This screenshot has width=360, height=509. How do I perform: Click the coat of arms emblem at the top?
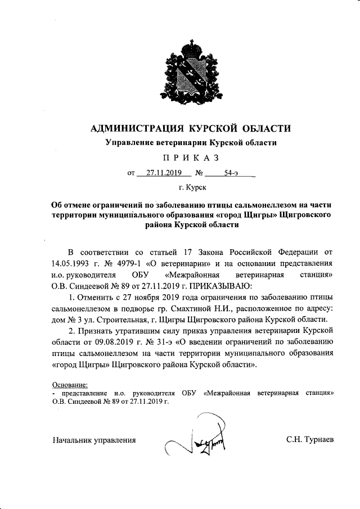[191, 78]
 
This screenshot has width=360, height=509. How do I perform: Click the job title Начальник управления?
[95, 439]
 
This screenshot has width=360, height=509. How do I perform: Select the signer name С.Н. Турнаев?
[309, 439]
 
